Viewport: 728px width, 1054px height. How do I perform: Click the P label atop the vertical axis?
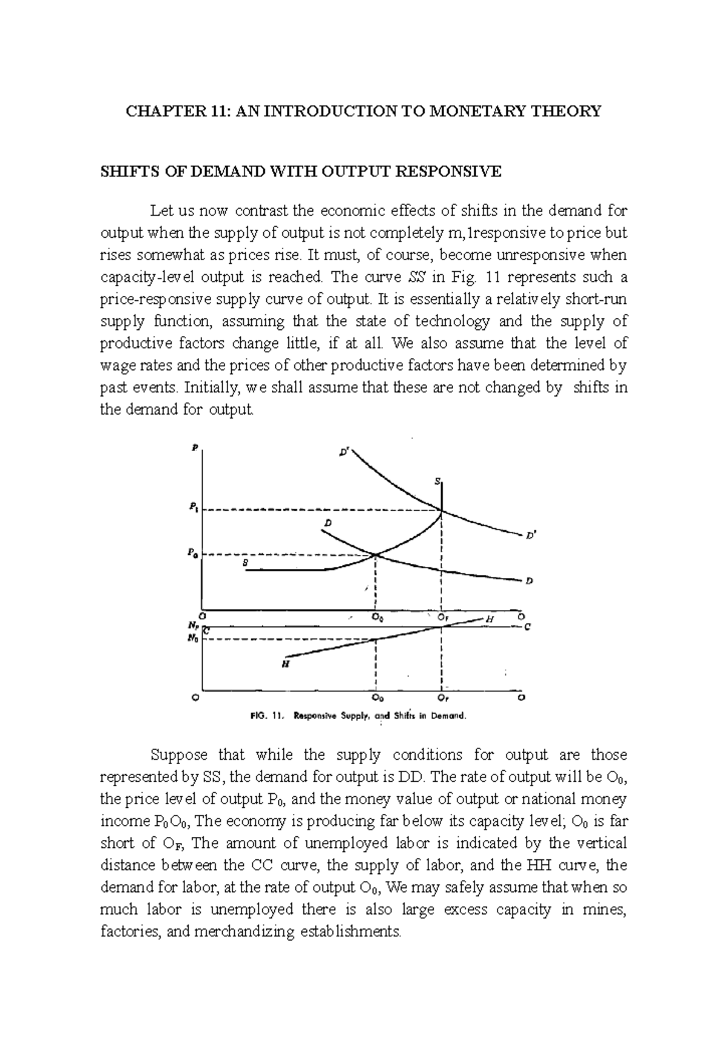pyautogui.click(x=195, y=448)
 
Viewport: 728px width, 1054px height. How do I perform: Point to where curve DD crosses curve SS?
pyautogui.click(x=376, y=554)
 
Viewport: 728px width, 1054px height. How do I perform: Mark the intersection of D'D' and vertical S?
pyautogui.click(x=442, y=511)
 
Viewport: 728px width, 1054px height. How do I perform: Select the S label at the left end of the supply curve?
pyautogui.click(x=245, y=562)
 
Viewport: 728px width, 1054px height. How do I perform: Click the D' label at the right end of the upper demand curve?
pyautogui.click(x=531, y=535)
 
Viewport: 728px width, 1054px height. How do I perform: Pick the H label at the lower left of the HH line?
pyautogui.click(x=285, y=664)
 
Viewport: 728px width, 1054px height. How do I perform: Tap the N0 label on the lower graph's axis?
pyautogui.click(x=192, y=638)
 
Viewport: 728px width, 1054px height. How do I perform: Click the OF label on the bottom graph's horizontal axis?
pyautogui.click(x=443, y=697)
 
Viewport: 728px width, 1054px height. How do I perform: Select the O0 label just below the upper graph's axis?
pyautogui.click(x=377, y=618)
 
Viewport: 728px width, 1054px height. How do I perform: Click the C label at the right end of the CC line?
pyautogui.click(x=527, y=628)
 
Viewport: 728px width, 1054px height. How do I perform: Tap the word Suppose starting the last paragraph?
pyautogui.click(x=180, y=755)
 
